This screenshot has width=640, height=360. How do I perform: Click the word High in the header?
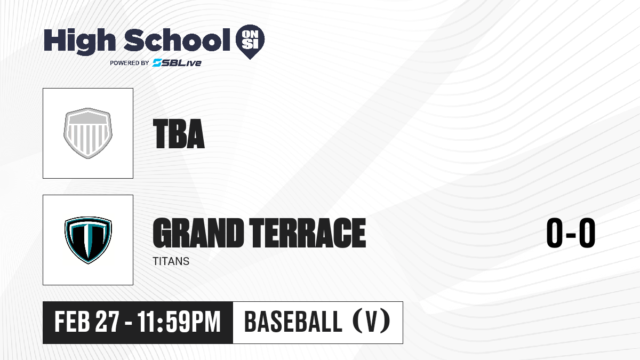pyautogui.click(x=79, y=42)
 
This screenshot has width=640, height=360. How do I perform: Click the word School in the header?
pyautogui.click(x=177, y=39)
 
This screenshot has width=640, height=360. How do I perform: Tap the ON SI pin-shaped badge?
pyautogui.click(x=250, y=42)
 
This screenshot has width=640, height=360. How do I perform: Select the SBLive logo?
pyautogui.click(x=177, y=63)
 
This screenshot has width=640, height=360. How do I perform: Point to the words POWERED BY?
pyautogui.click(x=130, y=63)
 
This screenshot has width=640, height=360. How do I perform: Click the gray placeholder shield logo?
pyautogui.click(x=88, y=133)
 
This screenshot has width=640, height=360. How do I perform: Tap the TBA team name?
pyautogui.click(x=179, y=134)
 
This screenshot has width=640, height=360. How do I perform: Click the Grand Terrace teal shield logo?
pyautogui.click(x=88, y=240)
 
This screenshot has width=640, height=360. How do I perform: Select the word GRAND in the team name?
pyautogui.click(x=198, y=233)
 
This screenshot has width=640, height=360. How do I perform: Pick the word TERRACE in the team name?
pyautogui.click(x=308, y=233)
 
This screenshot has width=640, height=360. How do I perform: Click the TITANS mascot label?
pyautogui.click(x=171, y=261)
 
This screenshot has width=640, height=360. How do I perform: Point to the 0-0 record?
pyautogui.click(x=571, y=233)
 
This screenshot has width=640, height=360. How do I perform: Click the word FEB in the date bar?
pyautogui.click(x=73, y=322)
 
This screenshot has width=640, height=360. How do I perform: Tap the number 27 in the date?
pyautogui.click(x=107, y=322)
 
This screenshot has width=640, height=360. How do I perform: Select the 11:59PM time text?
pyautogui.click(x=179, y=322)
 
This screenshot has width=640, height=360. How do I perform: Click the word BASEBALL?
pyautogui.click(x=293, y=322)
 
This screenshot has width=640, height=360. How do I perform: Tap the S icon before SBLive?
pyautogui.click(x=157, y=63)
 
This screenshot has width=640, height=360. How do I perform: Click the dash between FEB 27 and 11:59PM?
pyautogui.click(x=129, y=323)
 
